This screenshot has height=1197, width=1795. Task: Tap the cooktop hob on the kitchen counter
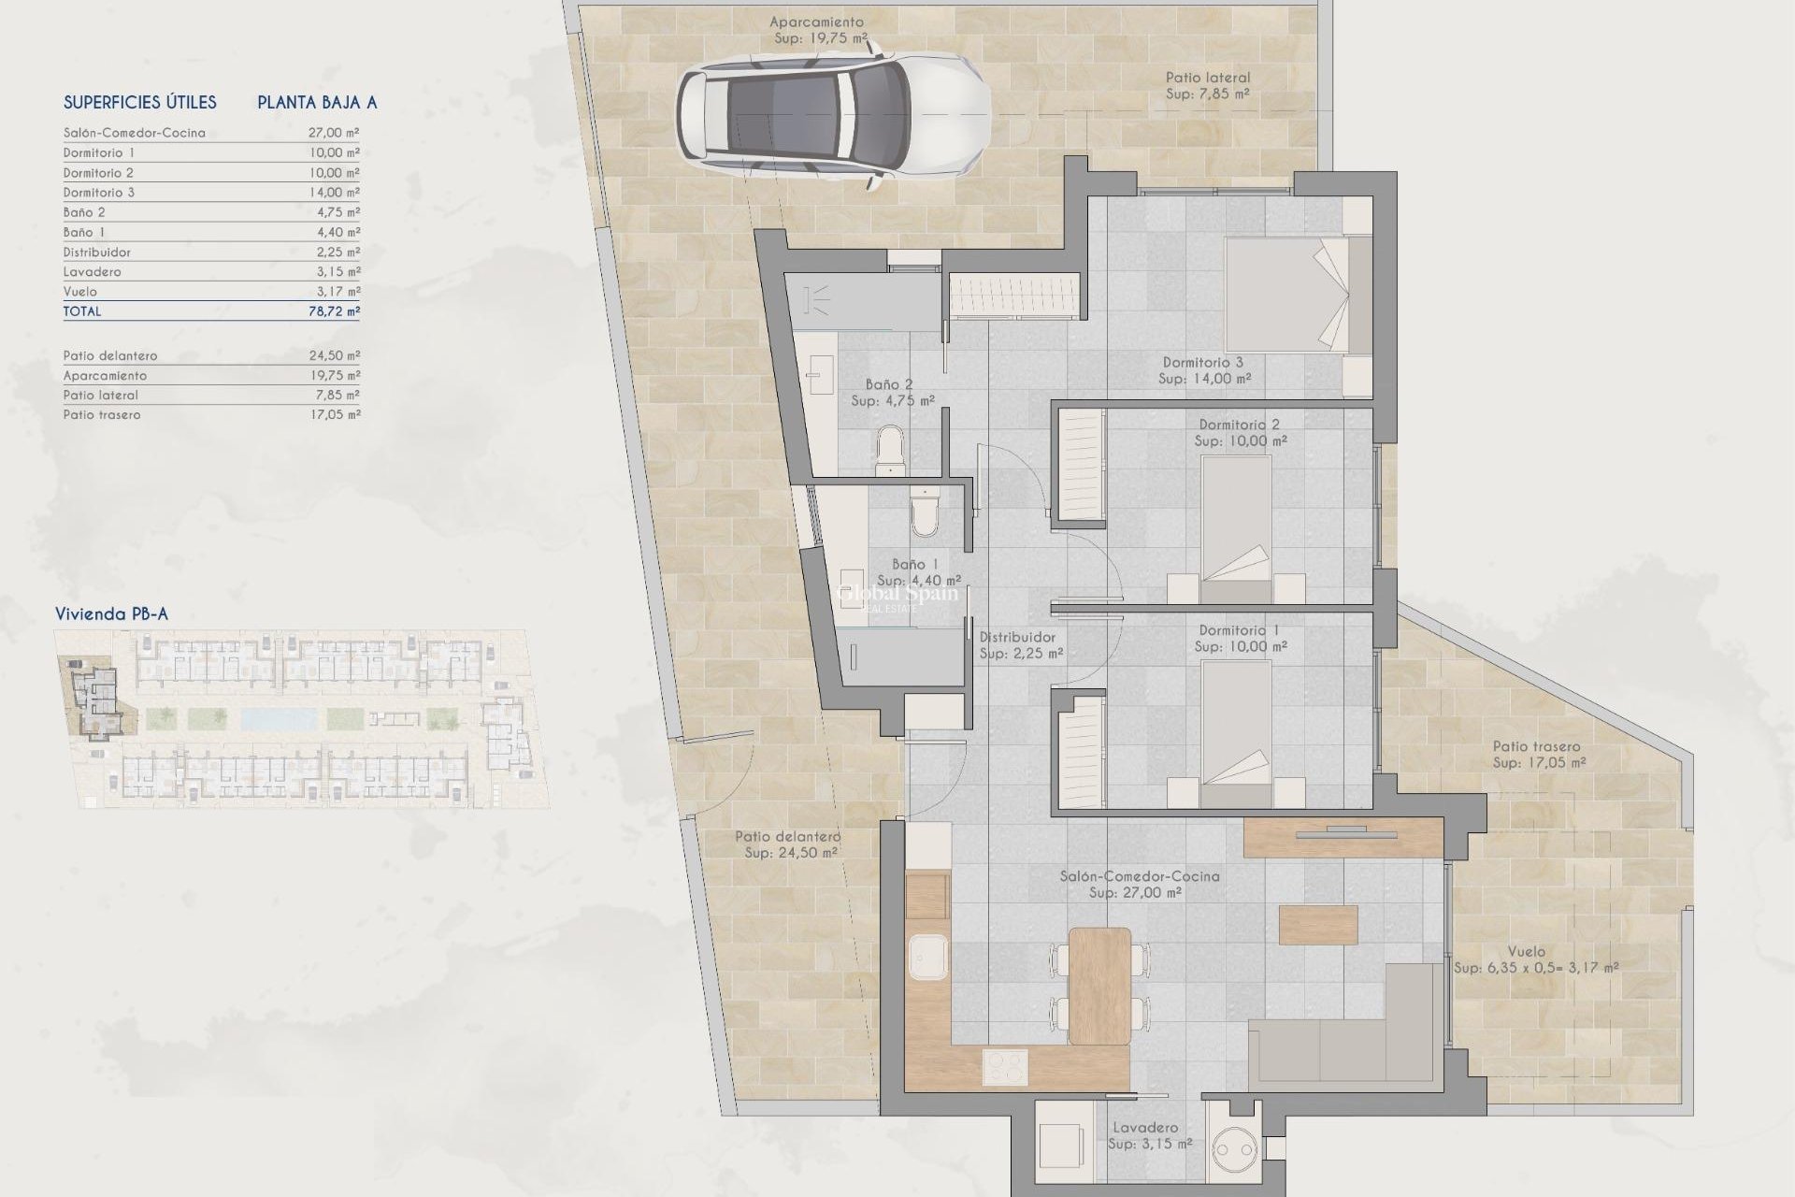pos(1005,1066)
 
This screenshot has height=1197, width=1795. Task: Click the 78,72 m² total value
pos(334,311)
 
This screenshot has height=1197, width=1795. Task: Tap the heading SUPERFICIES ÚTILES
pos(140,103)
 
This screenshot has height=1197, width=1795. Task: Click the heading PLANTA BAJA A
pos(317,103)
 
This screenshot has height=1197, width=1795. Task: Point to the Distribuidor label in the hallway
pos(1017,637)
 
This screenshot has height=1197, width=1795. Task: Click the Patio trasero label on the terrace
pos(1536,746)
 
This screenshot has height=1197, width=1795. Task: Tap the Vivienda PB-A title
pos(111,614)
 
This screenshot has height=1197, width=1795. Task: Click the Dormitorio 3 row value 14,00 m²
pos(334,193)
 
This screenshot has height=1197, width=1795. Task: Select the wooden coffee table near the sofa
pos(1318,924)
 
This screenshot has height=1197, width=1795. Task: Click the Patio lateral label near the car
pos(1207,78)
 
